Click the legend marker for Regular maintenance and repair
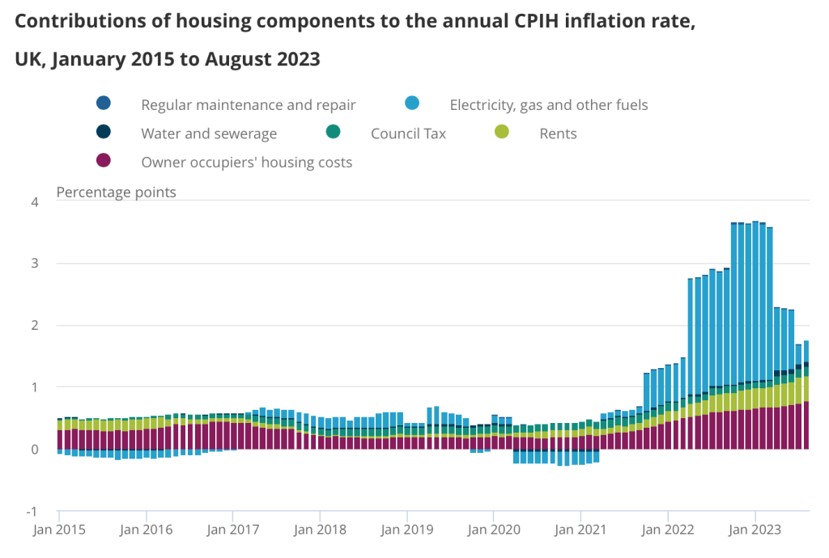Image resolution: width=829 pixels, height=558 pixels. [x=104, y=104]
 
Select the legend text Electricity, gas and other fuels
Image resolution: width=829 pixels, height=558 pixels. [x=549, y=104]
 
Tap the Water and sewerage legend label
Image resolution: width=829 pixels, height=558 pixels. [x=209, y=133]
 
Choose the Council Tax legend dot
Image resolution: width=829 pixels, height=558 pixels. [x=333, y=133]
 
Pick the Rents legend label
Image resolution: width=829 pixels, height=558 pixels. [x=558, y=133]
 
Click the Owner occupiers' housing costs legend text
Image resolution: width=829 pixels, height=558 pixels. [x=247, y=162]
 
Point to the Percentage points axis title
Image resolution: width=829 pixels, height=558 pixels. [x=116, y=192]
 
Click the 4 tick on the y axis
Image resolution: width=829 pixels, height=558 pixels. [x=36, y=201]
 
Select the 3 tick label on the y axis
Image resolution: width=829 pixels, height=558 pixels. [x=36, y=264]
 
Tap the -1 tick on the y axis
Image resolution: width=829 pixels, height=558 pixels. [x=33, y=511]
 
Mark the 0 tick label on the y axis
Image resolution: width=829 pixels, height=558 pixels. [x=36, y=450]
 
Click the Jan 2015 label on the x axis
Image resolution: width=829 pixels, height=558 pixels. [x=59, y=531]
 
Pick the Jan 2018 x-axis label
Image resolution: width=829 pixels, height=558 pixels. [x=320, y=531]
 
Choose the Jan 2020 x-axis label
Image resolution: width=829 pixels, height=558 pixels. [x=494, y=531]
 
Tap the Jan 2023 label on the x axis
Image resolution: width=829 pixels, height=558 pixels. [x=755, y=531]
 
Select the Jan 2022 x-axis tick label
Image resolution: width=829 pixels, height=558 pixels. [x=668, y=531]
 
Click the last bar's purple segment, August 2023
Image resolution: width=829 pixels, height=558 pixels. [x=806, y=425]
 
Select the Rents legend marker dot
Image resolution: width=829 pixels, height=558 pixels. [x=502, y=133]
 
